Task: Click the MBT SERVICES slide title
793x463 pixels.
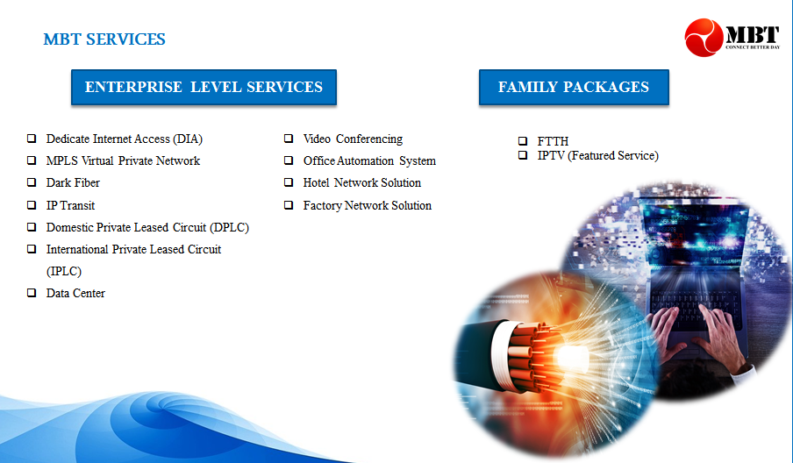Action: (104, 39)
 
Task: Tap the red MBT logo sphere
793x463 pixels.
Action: (704, 38)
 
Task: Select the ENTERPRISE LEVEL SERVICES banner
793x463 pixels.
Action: (204, 87)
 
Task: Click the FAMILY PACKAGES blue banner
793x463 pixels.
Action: (574, 87)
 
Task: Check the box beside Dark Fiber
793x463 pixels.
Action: (32, 182)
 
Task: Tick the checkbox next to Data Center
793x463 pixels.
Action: (32, 293)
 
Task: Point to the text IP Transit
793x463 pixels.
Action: (70, 205)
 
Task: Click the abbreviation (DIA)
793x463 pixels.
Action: (188, 139)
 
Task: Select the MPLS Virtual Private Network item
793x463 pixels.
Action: (123, 160)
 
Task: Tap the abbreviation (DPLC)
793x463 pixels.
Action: (230, 227)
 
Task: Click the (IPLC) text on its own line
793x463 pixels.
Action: (64, 272)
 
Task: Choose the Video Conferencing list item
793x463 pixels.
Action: (353, 139)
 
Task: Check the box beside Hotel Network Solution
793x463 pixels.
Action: (289, 182)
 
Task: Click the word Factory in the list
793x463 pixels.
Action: (322, 206)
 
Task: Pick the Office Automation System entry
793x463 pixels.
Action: (369, 160)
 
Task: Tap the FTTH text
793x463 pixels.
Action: (553, 141)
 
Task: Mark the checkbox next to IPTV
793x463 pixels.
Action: (523, 155)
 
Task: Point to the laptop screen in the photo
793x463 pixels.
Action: (692, 232)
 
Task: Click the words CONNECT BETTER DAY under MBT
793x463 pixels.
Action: (753, 47)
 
